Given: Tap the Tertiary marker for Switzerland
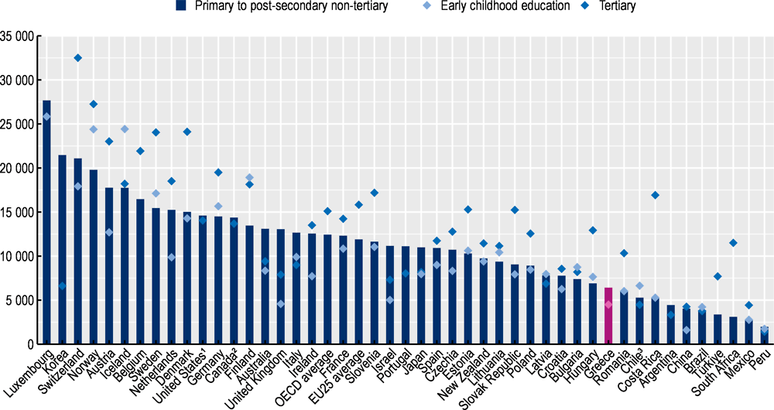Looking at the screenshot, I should pos(77,58).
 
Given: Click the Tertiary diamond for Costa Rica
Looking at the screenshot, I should pos(655,195).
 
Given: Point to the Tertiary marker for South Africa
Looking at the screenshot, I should pos(733,243).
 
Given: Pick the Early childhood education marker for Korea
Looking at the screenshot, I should pos(62,285).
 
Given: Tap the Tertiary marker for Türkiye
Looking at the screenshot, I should pos(717,276).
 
